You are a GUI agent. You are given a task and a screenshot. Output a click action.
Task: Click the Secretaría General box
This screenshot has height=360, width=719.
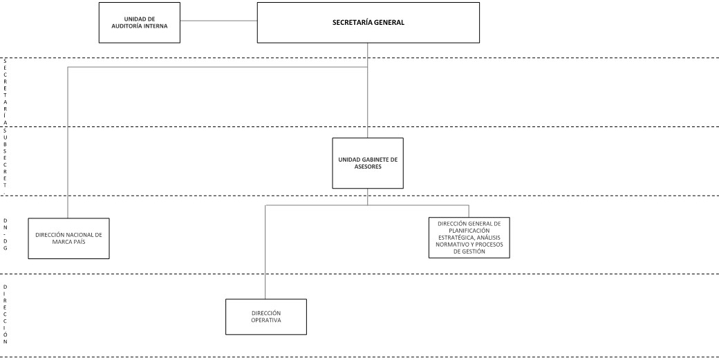coord(368,22)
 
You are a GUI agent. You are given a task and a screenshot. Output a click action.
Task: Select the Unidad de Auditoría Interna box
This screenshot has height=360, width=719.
coord(140,22)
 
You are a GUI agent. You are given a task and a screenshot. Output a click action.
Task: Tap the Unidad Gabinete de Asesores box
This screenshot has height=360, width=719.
coord(368,163)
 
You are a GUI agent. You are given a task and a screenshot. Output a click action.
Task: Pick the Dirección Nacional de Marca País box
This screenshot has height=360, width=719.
coord(68,238)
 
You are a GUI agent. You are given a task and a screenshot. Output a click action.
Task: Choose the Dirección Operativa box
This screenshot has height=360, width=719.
coord(266,317)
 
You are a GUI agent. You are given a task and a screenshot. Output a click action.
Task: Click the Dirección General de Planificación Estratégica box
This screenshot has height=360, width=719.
coord(469,238)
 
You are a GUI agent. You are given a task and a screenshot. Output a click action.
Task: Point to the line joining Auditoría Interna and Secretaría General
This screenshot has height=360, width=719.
coord(218,21)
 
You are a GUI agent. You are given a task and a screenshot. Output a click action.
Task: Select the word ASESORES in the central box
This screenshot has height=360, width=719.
coord(368,167)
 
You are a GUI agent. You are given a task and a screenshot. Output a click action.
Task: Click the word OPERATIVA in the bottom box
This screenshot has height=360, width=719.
coord(266,320)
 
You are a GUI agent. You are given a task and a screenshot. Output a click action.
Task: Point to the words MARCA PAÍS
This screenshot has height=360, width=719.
coord(68,242)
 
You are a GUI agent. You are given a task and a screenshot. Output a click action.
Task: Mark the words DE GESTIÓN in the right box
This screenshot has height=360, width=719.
coord(469,252)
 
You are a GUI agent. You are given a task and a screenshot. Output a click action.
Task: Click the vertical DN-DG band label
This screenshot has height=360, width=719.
coord(6,234)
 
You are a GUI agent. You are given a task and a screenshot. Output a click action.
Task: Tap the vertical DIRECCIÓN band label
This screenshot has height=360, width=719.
coord(6,314)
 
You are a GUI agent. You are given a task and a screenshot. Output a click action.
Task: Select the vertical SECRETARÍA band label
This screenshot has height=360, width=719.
coord(6,92)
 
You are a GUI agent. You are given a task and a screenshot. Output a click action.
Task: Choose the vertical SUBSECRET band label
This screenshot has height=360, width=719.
coord(6,161)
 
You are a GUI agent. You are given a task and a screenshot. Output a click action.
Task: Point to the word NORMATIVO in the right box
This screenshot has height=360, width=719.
coord(451,245)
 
